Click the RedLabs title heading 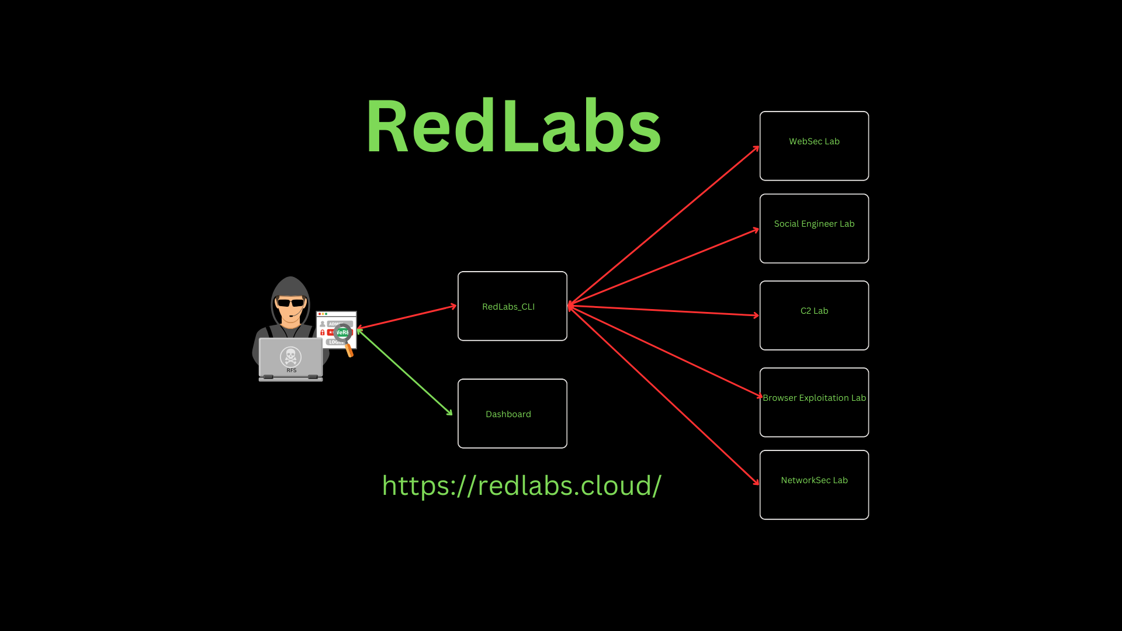coord(513,126)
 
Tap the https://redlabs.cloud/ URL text coord(521,486)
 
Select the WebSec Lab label coord(814,141)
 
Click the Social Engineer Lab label coord(814,224)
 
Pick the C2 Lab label coord(814,311)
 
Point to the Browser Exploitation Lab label coord(814,398)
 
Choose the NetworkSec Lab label coord(814,480)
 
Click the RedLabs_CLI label coord(508,307)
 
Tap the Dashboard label coord(508,414)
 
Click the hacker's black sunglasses coord(290,303)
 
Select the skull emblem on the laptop coord(290,356)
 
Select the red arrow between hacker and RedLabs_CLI coord(406,317)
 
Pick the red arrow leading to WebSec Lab coord(663,226)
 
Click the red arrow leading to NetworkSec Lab coord(663,395)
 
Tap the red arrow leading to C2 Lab coord(663,310)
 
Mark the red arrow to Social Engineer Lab coord(663,267)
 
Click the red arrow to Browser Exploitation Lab coord(663,351)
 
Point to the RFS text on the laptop coord(291,370)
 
